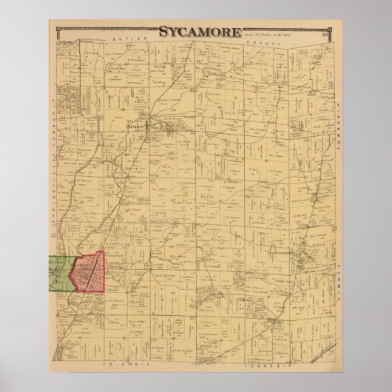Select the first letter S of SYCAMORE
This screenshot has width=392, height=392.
pos(162,33)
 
